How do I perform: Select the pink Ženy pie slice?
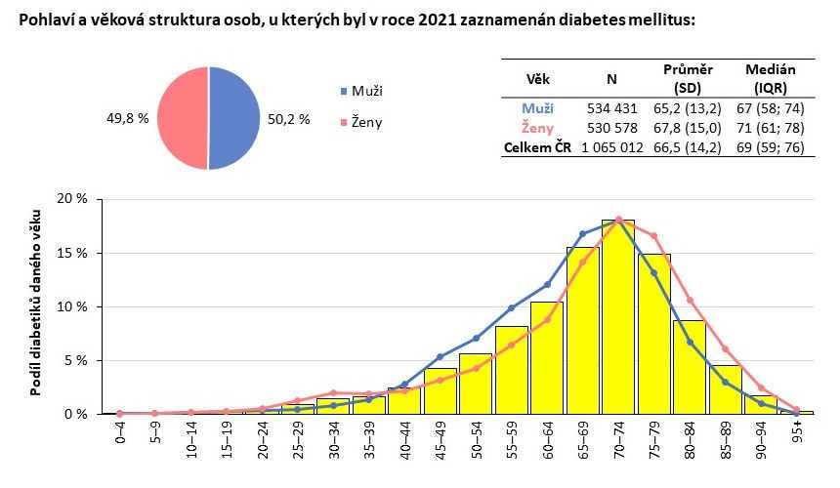point(183,118)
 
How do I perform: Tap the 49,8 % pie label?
point(127,119)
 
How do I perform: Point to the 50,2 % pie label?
point(288,119)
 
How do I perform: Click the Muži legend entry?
point(367,91)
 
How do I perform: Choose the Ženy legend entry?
point(367,122)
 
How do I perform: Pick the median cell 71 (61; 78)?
point(771,127)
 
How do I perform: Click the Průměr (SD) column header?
point(688,78)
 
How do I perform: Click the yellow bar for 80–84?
point(690,367)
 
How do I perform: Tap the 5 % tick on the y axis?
point(77,361)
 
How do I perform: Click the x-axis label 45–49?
point(441,441)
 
